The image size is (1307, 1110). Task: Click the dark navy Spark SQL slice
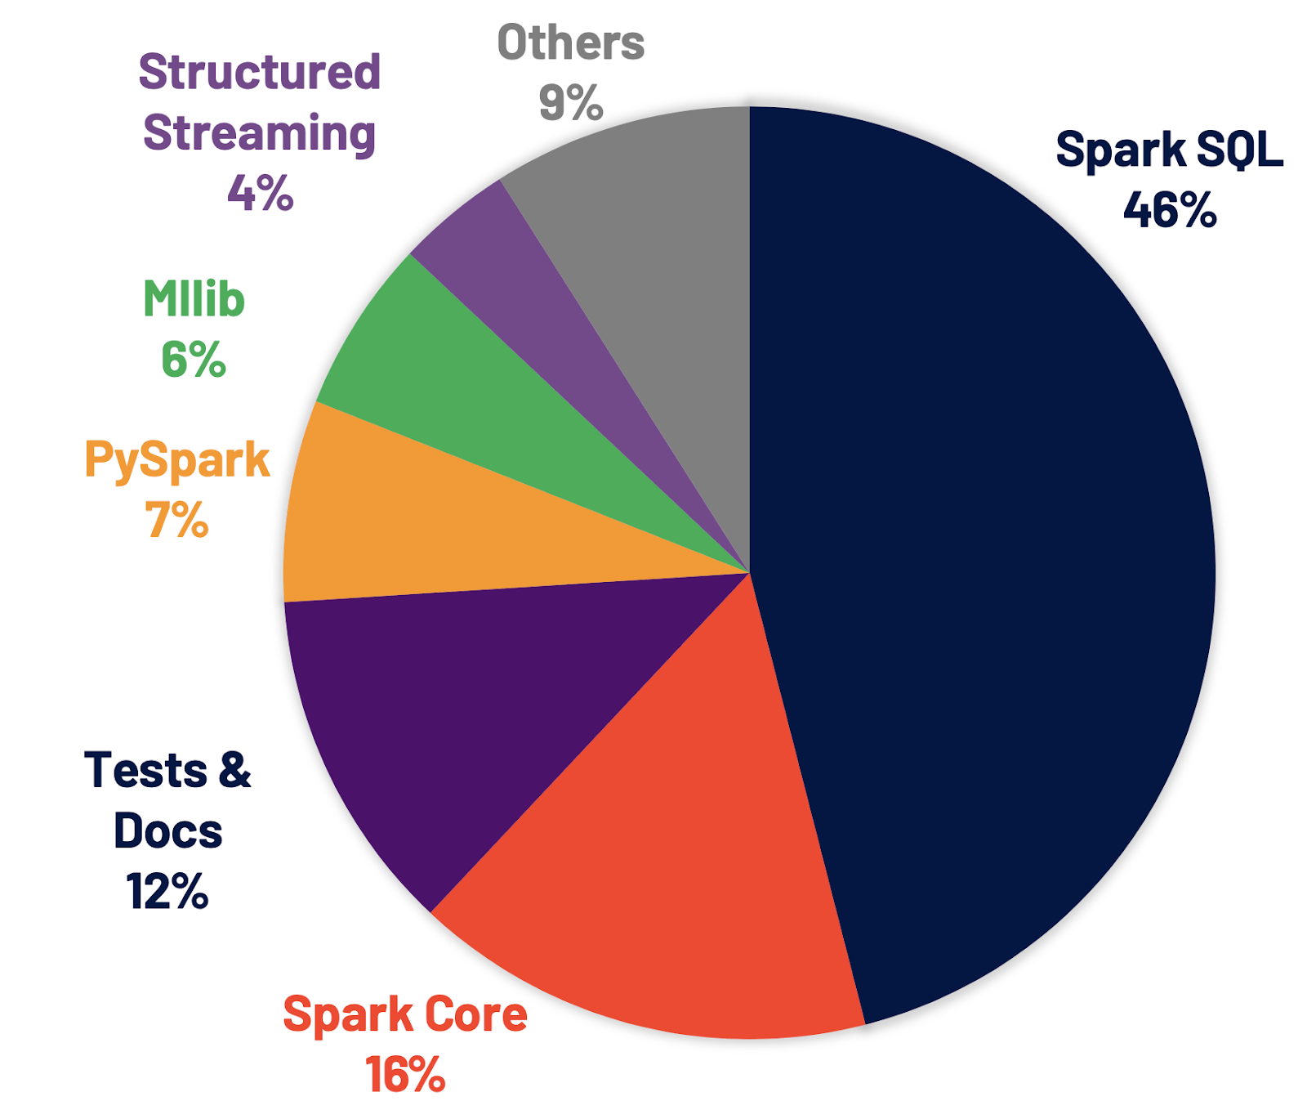point(980,572)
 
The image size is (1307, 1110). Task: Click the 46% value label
point(1170,210)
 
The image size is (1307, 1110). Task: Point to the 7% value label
point(177,520)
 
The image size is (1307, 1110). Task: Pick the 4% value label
point(261,193)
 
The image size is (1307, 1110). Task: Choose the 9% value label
point(571,103)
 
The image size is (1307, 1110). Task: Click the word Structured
point(260,72)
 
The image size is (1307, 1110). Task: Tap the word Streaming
point(260,132)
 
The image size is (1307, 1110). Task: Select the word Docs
point(167,831)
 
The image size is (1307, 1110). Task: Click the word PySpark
point(177,460)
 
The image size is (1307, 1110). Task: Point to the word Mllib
point(194,299)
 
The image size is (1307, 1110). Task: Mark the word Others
point(571,43)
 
